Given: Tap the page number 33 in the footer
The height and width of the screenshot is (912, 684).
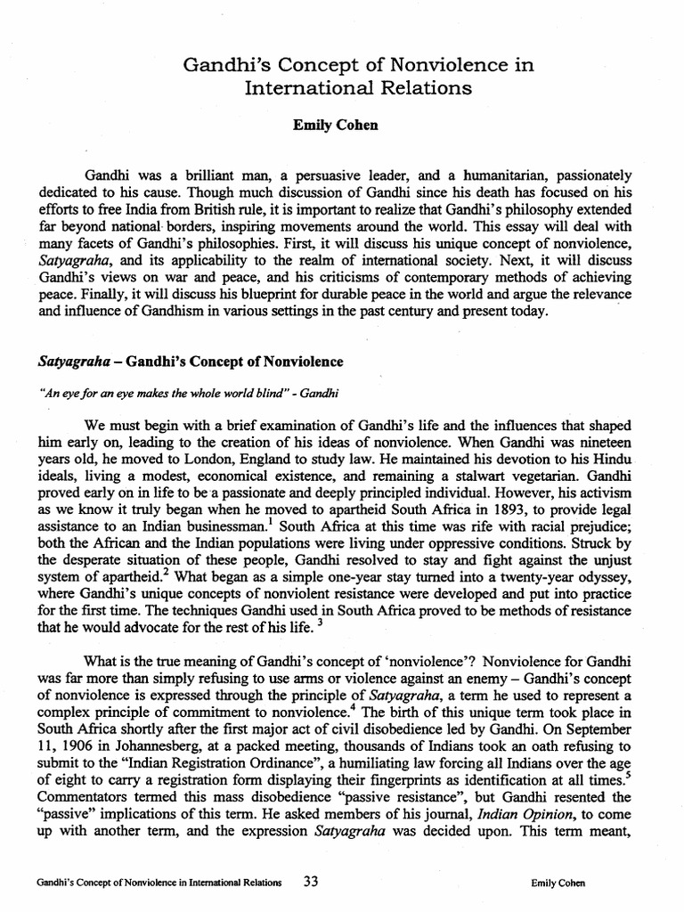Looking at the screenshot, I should click(x=311, y=882).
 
